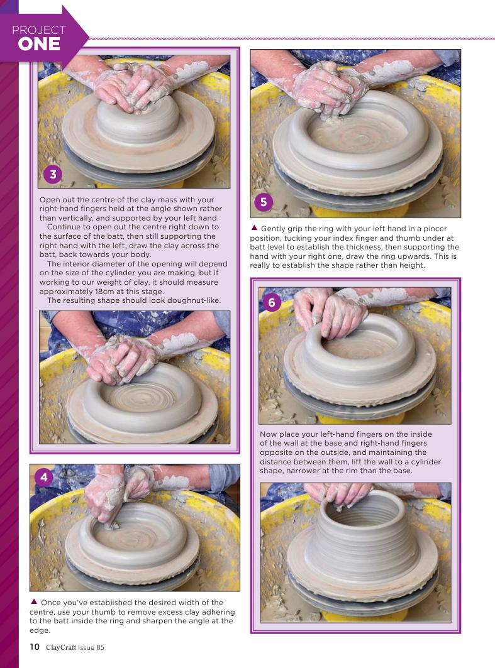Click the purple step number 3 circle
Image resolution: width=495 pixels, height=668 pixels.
tap(53, 174)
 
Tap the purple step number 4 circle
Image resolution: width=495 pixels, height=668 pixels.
tap(44, 478)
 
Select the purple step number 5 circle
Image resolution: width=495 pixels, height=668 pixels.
tap(264, 202)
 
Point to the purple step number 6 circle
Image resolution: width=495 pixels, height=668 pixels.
tap(272, 302)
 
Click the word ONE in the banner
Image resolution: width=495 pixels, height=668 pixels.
tap(39, 45)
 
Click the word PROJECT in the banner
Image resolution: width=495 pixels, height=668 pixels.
tap(39, 30)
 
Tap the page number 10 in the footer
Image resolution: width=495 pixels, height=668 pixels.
tap(35, 647)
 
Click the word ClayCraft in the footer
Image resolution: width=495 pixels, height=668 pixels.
tap(61, 647)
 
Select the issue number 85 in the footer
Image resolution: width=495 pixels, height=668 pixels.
tap(100, 647)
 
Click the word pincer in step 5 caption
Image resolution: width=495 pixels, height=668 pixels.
tap(435, 229)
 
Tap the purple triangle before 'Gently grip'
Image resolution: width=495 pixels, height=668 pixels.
tap(254, 228)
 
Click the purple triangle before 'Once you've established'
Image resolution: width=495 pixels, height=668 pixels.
tap(34, 601)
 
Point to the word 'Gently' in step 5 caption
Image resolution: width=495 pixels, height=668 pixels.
tap(273, 229)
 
